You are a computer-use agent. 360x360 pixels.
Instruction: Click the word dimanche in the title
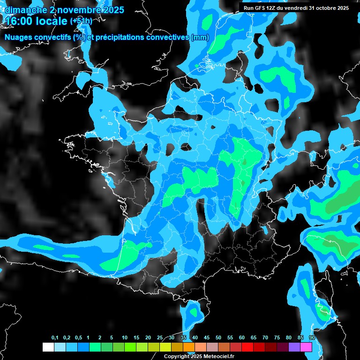pos(24,9)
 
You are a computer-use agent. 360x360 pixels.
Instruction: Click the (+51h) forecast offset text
pos(81,21)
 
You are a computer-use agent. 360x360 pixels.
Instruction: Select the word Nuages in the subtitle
pos(18,37)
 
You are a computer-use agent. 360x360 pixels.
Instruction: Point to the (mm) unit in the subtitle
pos(200,37)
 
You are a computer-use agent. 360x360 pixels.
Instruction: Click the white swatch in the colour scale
pos(48,347)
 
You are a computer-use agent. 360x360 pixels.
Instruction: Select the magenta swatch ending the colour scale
pos(306,347)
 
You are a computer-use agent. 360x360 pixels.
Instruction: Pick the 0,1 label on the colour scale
pos(55,338)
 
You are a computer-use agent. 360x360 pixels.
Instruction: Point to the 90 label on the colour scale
pos(312,338)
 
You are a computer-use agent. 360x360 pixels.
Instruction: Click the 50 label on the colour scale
pos(218,338)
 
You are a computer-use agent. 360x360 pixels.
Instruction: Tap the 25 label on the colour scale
pos(160,338)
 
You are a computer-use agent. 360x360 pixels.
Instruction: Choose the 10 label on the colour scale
pos(125,338)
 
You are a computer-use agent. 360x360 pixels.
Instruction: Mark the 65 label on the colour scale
pos(254,338)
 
